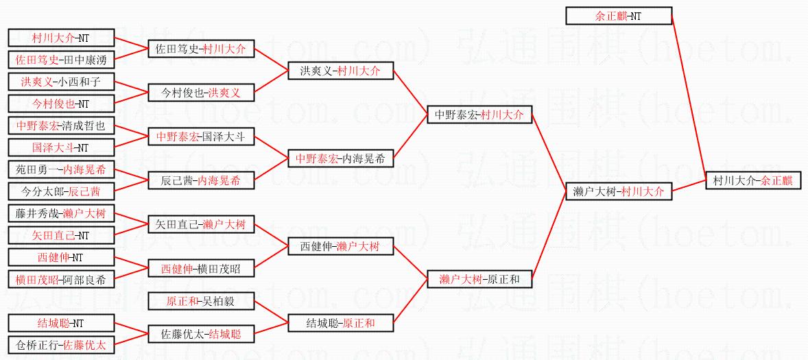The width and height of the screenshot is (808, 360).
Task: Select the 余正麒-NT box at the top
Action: [619, 16]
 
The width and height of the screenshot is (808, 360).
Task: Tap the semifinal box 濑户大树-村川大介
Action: [619, 192]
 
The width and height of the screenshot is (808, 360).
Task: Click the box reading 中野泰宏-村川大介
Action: [479, 115]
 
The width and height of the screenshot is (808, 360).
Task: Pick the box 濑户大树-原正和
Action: [479, 279]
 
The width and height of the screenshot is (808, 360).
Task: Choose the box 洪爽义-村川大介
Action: [340, 71]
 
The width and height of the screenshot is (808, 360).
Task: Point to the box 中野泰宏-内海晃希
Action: [340, 158]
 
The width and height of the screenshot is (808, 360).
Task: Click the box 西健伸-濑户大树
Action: [340, 246]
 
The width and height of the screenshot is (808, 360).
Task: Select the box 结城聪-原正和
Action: [340, 323]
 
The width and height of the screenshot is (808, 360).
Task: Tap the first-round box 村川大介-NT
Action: [60, 38]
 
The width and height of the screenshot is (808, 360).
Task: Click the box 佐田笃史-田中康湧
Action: [60, 60]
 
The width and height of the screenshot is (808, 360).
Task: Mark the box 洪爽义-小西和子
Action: [60, 82]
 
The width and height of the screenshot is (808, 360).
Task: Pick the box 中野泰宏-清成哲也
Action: [60, 125]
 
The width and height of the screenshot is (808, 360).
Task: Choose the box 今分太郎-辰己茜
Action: [60, 191]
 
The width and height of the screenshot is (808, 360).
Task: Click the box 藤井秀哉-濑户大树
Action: [60, 213]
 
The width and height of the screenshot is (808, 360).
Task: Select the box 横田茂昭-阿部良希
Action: [60, 279]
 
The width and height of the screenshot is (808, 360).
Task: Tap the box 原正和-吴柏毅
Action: [200, 301]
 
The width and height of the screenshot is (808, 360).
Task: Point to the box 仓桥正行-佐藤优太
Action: [60, 345]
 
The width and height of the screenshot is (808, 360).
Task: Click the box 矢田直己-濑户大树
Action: [200, 224]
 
